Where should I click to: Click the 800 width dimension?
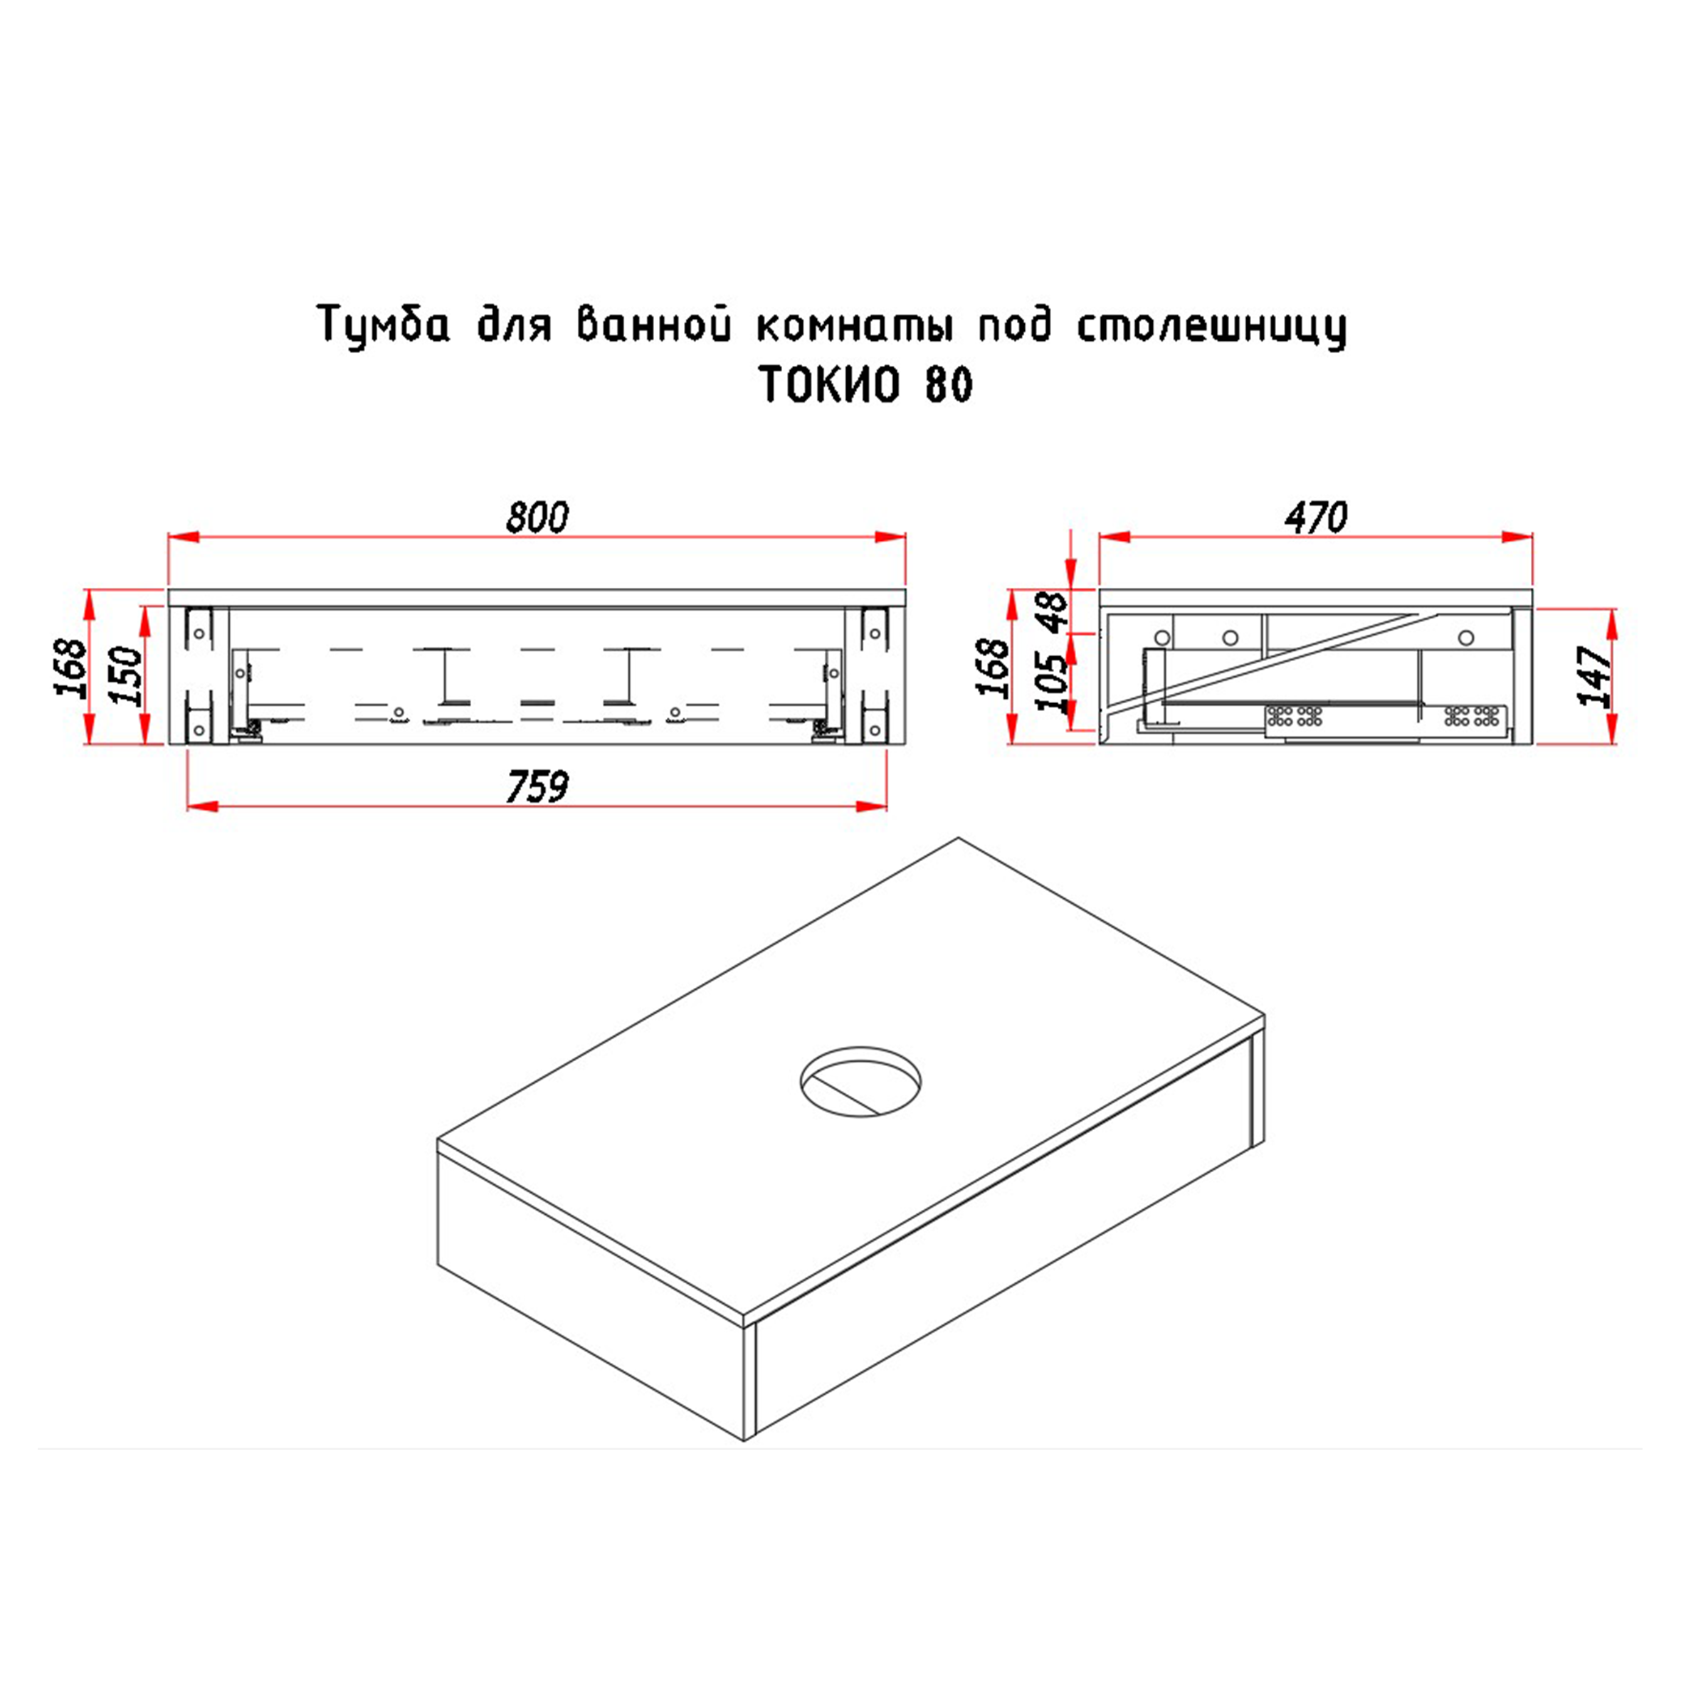click(537, 517)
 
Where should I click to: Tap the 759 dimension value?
click(537, 787)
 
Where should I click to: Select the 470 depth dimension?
click(1316, 517)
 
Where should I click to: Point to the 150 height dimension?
click(126, 675)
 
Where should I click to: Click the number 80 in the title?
click(949, 384)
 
